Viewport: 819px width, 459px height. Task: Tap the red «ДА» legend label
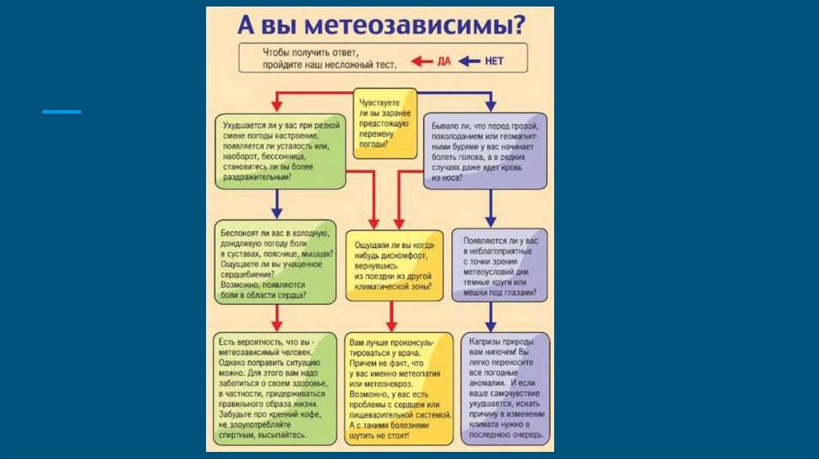tap(444, 61)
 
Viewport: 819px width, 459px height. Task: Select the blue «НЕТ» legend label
tap(494, 61)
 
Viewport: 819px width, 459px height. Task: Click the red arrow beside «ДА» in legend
tap(422, 61)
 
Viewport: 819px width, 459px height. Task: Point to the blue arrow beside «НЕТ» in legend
tap(469, 61)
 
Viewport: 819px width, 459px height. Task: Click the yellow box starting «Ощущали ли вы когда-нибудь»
tap(392, 264)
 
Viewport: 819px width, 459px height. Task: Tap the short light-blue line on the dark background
tap(62, 111)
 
